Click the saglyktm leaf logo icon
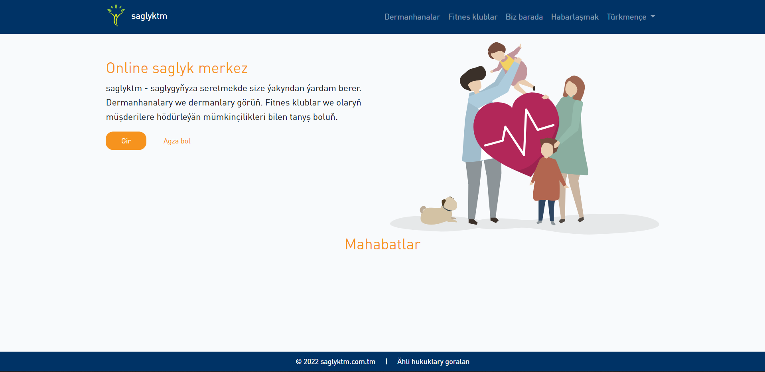point(116,16)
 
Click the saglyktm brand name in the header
point(149,16)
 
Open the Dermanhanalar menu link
point(412,17)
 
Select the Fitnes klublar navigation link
point(473,17)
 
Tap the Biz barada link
point(524,17)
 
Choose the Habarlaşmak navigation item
point(575,17)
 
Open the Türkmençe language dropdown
point(631,17)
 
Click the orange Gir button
point(126,141)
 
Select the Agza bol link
point(177,141)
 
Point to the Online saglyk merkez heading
point(177,68)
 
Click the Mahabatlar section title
point(382,244)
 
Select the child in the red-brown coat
point(548,180)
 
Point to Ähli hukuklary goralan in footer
point(433,362)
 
